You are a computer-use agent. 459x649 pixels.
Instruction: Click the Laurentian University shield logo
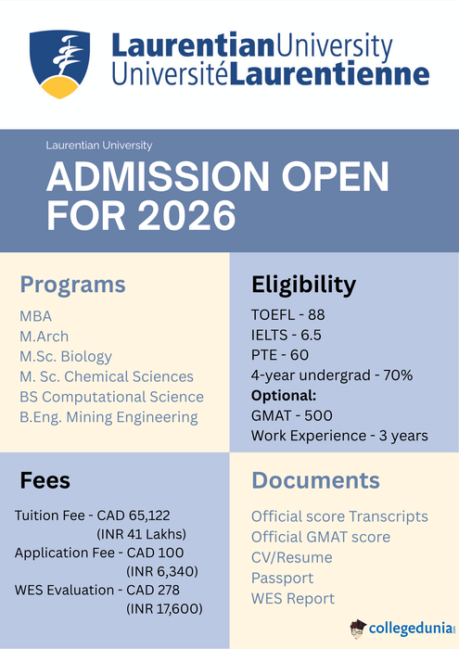pos(59,64)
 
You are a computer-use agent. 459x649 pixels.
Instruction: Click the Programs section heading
pos(72,284)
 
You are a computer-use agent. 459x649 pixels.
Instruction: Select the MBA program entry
pos(36,315)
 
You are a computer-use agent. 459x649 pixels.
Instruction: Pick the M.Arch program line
pos(44,336)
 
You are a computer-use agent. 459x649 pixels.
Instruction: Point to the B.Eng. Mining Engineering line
pos(108,417)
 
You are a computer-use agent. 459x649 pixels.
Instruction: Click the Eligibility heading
pos(303,284)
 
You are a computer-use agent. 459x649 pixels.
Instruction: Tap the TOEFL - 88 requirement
pos(287,315)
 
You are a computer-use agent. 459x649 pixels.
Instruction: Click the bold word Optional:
pos(283,395)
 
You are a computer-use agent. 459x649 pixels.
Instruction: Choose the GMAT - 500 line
pos(291,415)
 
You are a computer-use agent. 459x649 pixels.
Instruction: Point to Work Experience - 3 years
pos(339,436)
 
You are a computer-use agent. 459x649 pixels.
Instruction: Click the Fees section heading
pos(45,480)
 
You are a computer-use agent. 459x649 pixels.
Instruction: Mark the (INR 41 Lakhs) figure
pos(142,533)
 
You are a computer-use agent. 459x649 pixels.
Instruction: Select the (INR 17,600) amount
pos(164,608)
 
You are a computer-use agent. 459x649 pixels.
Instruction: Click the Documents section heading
pos(315,480)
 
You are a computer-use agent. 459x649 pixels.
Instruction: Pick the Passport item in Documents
pos(283,578)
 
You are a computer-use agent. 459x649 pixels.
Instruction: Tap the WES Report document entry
pos(293,598)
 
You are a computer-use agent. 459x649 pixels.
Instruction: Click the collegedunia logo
pos(402,628)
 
